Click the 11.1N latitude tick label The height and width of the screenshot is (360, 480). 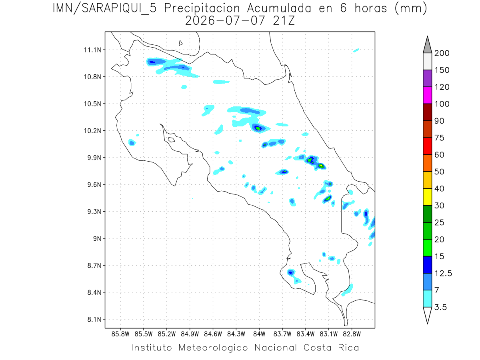click(x=92, y=50)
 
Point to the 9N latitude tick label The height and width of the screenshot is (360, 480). click(x=97, y=238)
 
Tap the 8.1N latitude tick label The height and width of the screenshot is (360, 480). click(x=94, y=319)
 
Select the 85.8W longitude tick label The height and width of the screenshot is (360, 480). click(x=120, y=334)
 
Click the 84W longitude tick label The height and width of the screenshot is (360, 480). click(x=259, y=334)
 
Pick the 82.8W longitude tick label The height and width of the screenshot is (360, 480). click(x=352, y=334)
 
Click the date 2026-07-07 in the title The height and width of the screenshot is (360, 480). click(x=225, y=21)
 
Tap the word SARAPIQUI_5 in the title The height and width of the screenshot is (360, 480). click(x=119, y=9)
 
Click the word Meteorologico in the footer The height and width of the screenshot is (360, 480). click(x=213, y=348)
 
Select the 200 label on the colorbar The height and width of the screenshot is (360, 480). click(x=442, y=53)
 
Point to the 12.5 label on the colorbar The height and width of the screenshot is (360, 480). click(x=443, y=274)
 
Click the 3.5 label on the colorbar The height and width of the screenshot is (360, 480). click(x=440, y=307)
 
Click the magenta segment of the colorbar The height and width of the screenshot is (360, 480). click(x=427, y=95)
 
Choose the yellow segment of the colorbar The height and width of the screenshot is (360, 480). click(x=427, y=197)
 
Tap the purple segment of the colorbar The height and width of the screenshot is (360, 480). click(x=427, y=78)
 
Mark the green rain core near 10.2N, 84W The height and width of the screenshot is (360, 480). click(x=258, y=128)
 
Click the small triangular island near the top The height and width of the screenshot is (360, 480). click(x=180, y=43)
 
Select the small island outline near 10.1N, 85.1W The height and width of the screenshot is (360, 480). click(x=172, y=140)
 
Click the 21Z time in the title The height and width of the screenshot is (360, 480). click(x=284, y=21)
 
